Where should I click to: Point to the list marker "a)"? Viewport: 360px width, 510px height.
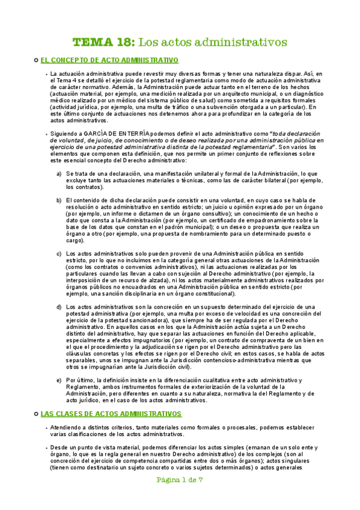[59, 174]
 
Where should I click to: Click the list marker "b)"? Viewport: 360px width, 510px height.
[59, 200]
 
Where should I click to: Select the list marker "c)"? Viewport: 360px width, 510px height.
[59, 253]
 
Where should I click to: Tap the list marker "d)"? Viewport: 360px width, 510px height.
[59, 307]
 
